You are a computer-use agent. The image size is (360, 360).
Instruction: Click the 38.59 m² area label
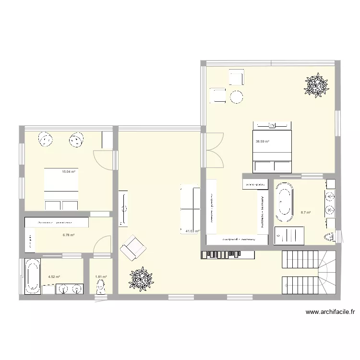pos(262,142)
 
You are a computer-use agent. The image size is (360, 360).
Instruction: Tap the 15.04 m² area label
pos(68,171)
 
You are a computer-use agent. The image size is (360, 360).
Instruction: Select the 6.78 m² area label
pos(68,235)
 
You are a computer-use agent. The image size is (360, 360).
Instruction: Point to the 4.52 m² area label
pos(54,276)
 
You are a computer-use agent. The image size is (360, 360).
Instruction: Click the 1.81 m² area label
pos(100,276)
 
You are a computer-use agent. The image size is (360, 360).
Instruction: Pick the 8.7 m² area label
pos(305,213)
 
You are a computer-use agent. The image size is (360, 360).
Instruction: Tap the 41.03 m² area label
pos(192,231)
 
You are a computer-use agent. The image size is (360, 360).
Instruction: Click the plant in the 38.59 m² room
pos(317,86)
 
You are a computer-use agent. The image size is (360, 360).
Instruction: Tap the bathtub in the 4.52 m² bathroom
pos(32,276)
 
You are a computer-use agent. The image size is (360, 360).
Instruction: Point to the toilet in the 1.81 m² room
pos(100,287)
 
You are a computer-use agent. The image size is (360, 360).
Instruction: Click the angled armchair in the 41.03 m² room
pos(132,248)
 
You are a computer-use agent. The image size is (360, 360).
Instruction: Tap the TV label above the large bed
pos(272,126)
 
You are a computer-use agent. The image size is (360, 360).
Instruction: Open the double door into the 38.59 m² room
pos(214,149)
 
